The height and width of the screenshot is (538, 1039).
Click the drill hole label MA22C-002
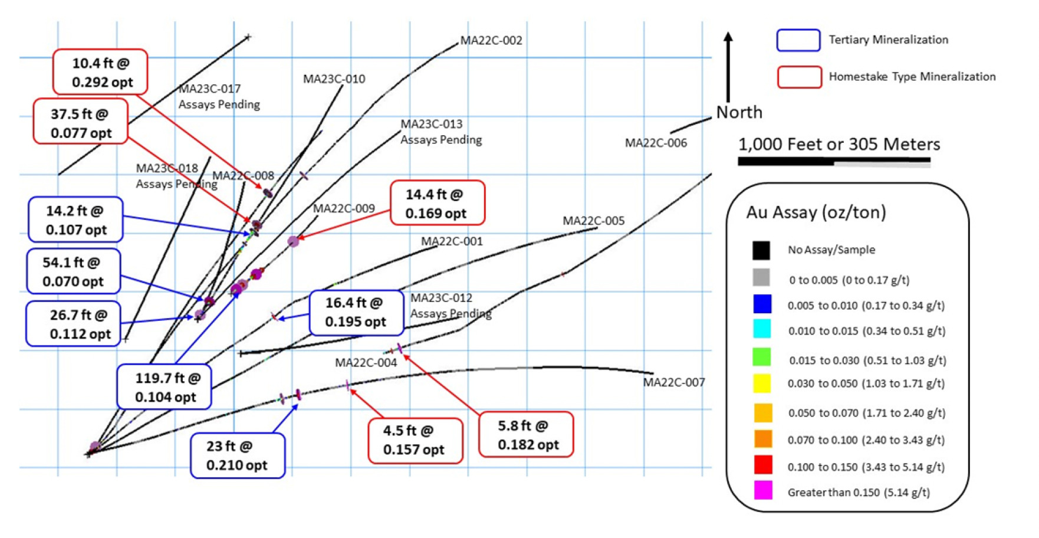pyautogui.click(x=491, y=41)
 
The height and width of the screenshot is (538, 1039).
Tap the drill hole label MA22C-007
pyautogui.click(x=673, y=382)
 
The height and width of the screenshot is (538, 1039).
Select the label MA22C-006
pyautogui.click(x=656, y=143)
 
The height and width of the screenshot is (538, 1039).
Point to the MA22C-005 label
pyautogui.click(x=593, y=221)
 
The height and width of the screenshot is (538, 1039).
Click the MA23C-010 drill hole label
pyautogui.click(x=334, y=79)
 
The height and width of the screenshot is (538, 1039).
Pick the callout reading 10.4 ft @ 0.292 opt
pyautogui.click(x=100, y=72)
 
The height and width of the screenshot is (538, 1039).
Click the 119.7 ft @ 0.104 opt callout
pyautogui.click(x=165, y=387)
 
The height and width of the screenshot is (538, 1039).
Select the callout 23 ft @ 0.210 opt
pyautogui.click(x=238, y=455)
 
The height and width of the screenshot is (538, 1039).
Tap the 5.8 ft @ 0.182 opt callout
pyautogui.click(x=526, y=435)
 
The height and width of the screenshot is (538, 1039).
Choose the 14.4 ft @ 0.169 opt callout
pyautogui.click(x=438, y=204)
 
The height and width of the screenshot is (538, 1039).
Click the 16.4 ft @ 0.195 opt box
pyautogui.click(x=356, y=312)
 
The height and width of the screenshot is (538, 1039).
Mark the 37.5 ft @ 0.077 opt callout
pyautogui.click(x=81, y=123)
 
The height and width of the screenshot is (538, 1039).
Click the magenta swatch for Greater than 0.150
pyautogui.click(x=763, y=491)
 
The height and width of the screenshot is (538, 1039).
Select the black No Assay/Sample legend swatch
pyautogui.click(x=761, y=250)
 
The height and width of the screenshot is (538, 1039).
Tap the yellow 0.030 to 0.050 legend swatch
pyautogui.click(x=762, y=383)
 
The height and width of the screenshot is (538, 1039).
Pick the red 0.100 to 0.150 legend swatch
pyautogui.click(x=763, y=465)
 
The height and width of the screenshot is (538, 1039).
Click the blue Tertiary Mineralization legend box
pyautogui.click(x=798, y=40)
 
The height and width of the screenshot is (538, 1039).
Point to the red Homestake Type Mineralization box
pyautogui.click(x=799, y=77)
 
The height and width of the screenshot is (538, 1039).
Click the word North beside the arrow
pyautogui.click(x=739, y=112)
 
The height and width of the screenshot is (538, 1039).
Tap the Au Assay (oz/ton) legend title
pyautogui.click(x=816, y=212)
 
